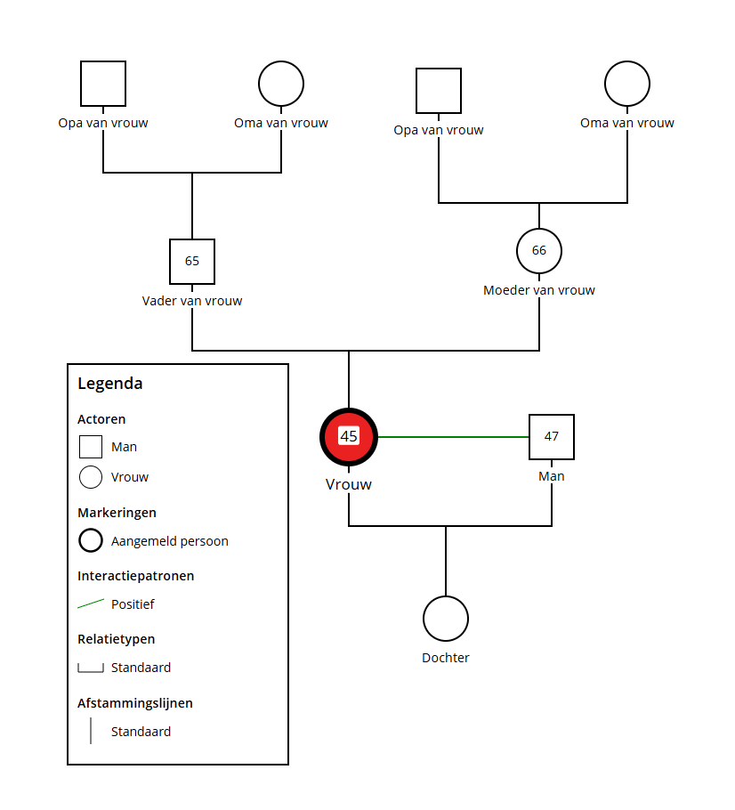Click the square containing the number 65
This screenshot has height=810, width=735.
tap(192, 262)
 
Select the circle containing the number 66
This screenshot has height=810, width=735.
tap(539, 251)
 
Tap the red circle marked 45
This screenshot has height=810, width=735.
tap(349, 437)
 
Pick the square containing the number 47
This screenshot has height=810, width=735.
tap(552, 437)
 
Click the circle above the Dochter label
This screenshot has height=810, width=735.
tap(445, 619)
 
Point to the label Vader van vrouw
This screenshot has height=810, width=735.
tap(192, 301)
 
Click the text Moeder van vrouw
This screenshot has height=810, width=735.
tap(539, 290)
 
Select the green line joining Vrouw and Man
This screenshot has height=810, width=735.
tap(454, 437)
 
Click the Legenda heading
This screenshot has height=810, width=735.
tap(110, 385)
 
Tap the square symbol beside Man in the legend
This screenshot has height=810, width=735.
tap(91, 447)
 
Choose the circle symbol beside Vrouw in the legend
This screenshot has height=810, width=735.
tap(91, 477)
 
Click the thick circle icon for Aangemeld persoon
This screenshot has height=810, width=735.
tap(91, 540)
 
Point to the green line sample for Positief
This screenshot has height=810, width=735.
tap(91, 603)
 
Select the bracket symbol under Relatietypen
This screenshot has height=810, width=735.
tap(91, 668)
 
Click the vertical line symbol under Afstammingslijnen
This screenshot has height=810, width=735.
tap(91, 731)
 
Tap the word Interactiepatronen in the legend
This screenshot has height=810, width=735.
tap(135, 576)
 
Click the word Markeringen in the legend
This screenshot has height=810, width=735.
tap(117, 513)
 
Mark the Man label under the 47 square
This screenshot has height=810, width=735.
tap(552, 476)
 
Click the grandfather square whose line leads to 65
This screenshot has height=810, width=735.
tap(103, 84)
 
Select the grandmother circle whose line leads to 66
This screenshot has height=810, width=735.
tap(627, 84)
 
